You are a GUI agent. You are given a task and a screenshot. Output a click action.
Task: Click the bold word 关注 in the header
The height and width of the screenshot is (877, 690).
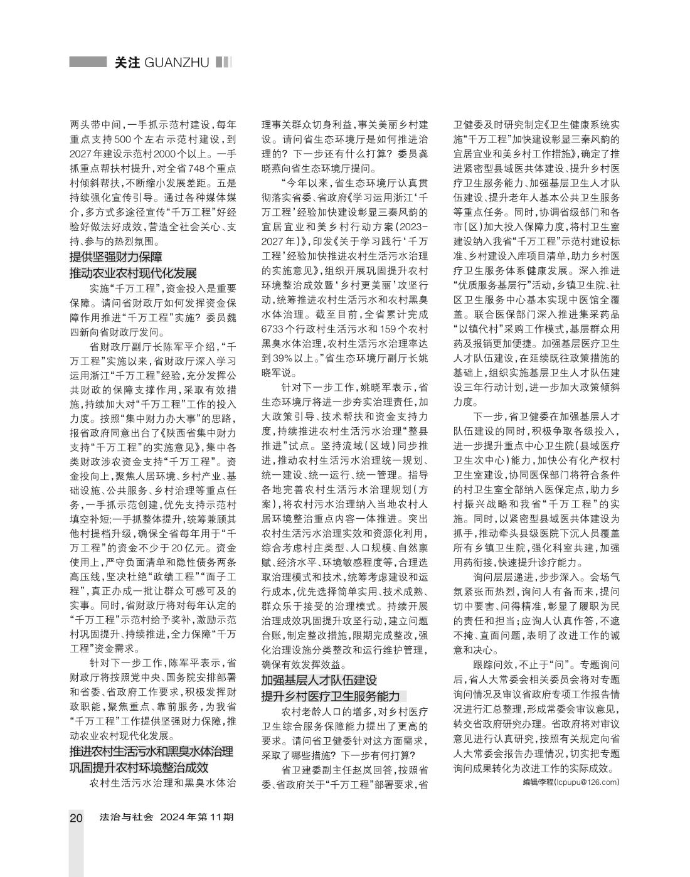127,63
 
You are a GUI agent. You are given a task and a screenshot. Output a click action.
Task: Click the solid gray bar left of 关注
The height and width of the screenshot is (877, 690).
88,62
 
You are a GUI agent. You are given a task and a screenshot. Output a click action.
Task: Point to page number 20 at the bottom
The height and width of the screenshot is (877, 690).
76,817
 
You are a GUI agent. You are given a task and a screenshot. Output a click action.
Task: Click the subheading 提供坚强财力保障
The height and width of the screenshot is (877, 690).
116,257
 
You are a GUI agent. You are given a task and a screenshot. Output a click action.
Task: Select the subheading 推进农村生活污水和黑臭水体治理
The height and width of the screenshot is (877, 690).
151,752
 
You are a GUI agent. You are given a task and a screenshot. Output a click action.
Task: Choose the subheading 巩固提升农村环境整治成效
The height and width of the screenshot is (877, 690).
139,767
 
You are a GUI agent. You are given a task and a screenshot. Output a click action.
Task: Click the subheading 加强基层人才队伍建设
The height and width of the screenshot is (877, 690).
319,680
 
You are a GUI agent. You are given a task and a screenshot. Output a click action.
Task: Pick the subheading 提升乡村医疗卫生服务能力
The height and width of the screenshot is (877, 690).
331,696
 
